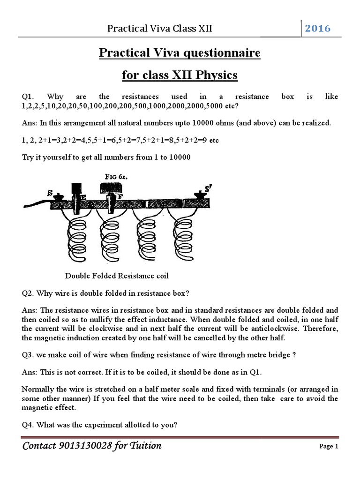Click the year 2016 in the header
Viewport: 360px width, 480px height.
[x=318, y=28]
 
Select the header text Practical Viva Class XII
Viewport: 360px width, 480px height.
[x=160, y=29]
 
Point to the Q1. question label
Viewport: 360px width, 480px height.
[x=29, y=97]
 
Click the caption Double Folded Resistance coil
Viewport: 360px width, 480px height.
[x=117, y=275]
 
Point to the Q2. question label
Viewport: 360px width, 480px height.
[x=29, y=293]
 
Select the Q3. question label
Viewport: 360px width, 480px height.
[x=29, y=355]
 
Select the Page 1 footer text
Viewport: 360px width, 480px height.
[x=329, y=446]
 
